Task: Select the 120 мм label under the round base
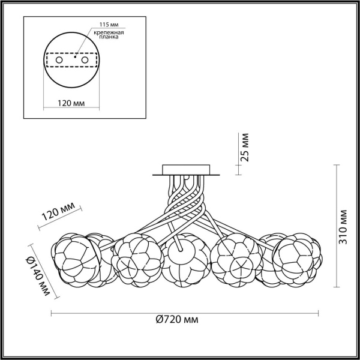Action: tap(71, 104)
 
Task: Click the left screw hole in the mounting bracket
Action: tap(59, 61)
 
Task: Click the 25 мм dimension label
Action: tap(244, 148)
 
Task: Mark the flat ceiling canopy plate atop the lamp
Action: tap(185, 170)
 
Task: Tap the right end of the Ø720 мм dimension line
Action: tap(319, 313)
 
